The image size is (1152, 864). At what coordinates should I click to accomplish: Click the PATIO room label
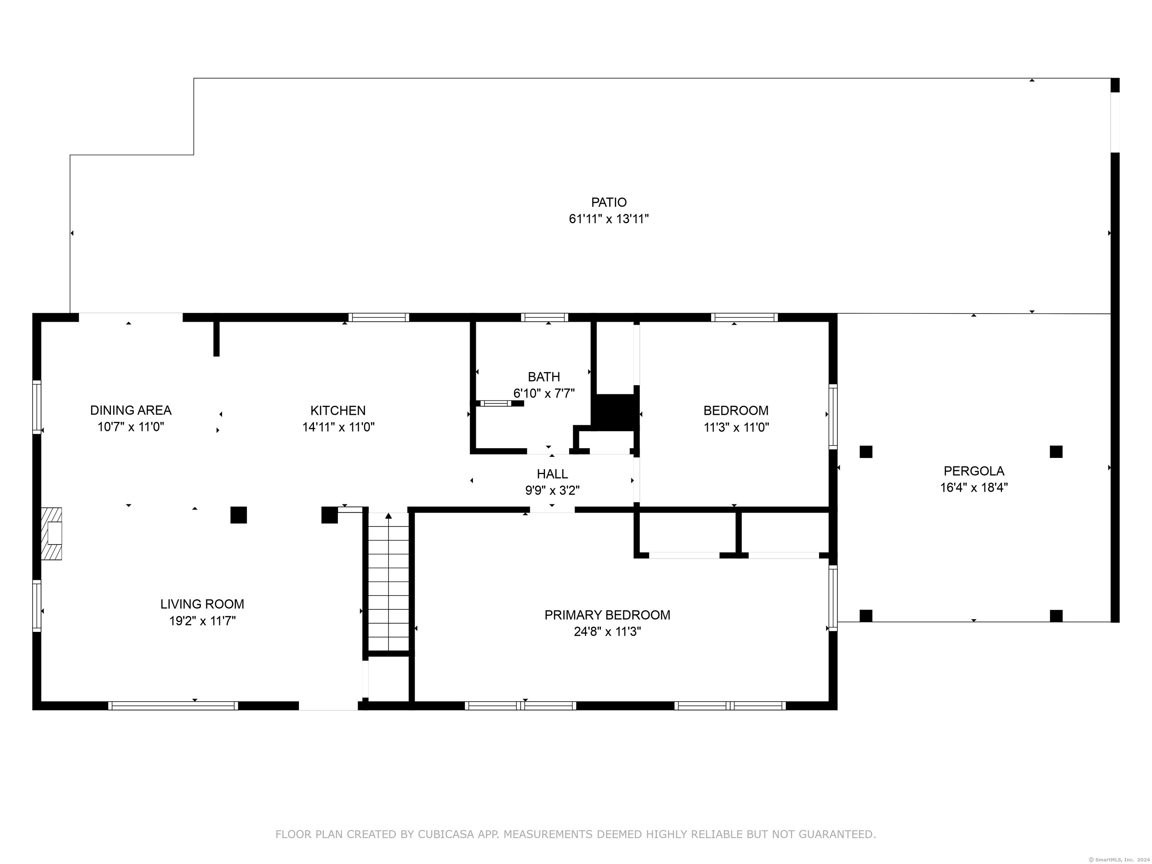click(x=608, y=202)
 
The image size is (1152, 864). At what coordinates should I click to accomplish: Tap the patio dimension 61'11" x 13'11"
click(x=608, y=219)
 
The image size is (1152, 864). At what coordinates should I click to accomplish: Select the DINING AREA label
click(x=131, y=410)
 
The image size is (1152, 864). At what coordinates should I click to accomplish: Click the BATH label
click(x=544, y=376)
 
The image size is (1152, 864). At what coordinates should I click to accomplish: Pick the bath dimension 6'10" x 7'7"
click(x=544, y=393)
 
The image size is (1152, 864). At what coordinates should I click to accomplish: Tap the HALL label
click(x=552, y=474)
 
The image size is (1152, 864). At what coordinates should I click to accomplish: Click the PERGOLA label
click(x=974, y=471)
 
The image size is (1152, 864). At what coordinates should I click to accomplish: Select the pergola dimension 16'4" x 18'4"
click(x=974, y=487)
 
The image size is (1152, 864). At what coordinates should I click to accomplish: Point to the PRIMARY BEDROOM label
click(x=607, y=615)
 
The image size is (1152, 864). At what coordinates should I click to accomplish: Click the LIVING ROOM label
click(x=202, y=604)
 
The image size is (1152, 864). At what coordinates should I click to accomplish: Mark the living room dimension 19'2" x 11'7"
click(x=202, y=621)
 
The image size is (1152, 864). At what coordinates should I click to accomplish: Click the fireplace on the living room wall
click(x=51, y=534)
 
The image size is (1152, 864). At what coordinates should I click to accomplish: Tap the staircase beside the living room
click(x=388, y=582)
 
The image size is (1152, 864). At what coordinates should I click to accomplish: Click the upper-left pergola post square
click(x=865, y=451)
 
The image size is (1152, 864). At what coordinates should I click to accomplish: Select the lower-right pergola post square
click(x=1056, y=616)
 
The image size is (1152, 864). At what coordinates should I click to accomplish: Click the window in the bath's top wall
click(x=544, y=317)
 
